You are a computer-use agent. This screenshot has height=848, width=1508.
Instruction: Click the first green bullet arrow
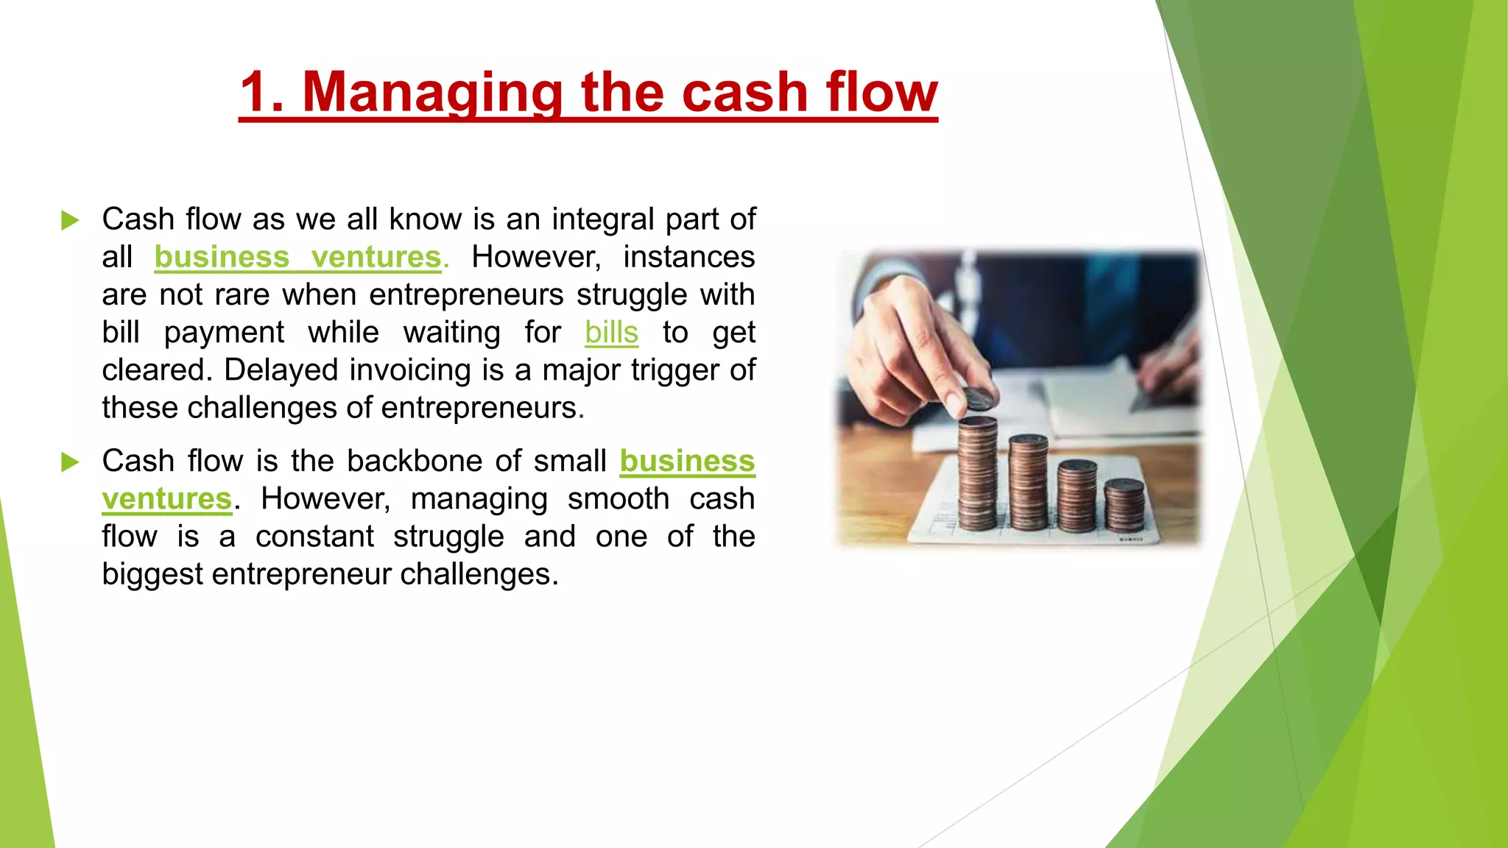coord(70,220)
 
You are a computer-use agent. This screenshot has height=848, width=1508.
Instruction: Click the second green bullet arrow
coord(70,462)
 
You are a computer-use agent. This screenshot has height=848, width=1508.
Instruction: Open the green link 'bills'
coord(611,333)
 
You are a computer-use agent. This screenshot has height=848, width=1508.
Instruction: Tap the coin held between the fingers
coord(979,398)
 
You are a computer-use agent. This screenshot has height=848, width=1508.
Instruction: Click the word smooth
coord(618,499)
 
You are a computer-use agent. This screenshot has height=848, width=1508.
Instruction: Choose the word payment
coord(224,333)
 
